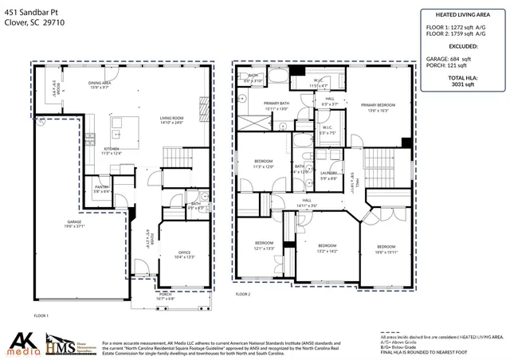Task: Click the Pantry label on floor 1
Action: point(102,189)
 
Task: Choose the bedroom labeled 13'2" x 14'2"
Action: point(328,248)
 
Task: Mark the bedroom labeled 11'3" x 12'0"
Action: point(263,165)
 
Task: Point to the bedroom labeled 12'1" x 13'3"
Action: point(264,245)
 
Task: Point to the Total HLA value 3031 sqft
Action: point(462,82)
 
